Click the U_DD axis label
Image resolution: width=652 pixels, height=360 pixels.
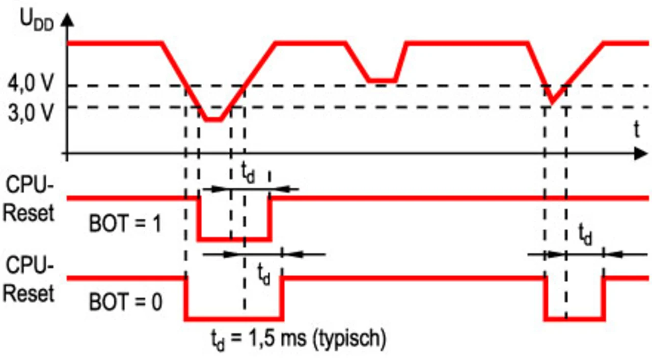pyautogui.click(x=35, y=20)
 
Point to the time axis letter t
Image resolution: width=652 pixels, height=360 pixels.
pyautogui.click(x=636, y=130)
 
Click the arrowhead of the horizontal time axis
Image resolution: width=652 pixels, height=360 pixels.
pyautogui.click(x=640, y=153)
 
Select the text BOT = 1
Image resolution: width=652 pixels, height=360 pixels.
pyautogui.click(x=125, y=224)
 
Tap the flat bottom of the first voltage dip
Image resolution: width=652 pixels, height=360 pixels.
pyautogui.click(x=214, y=120)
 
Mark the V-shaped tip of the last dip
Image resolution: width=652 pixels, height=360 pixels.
pyautogui.click(x=553, y=103)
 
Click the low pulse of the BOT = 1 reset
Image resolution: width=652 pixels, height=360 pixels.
pyautogui.click(x=234, y=238)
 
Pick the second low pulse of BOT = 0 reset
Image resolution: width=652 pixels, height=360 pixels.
pyautogui.click(x=575, y=319)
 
